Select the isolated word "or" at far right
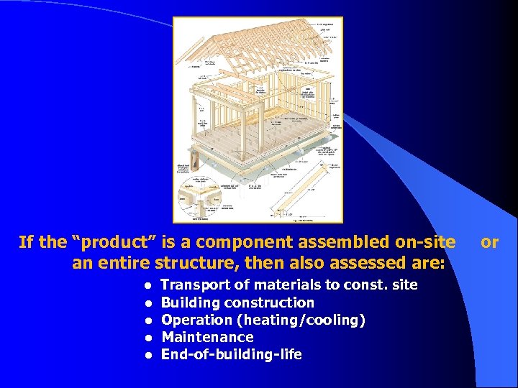pyautogui.click(x=490, y=242)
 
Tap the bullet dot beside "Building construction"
pyautogui.click(x=147, y=303)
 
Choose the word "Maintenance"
pyautogui.click(x=207, y=337)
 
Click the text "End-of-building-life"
pyautogui.click(x=231, y=354)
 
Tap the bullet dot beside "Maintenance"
pyautogui.click(x=147, y=338)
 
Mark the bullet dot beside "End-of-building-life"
pyautogui.click(x=147, y=355)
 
